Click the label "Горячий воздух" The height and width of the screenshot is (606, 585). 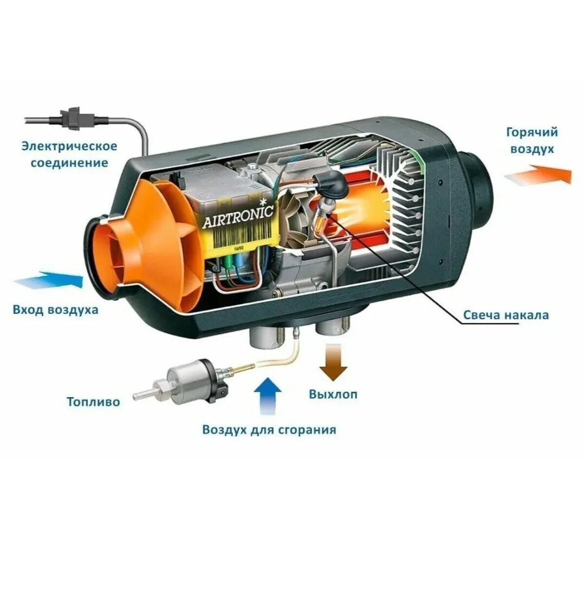531,140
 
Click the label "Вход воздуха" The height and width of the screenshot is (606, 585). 56,310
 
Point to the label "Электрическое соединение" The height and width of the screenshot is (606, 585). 69,154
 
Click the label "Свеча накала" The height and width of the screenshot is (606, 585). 505,315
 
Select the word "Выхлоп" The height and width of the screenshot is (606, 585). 333,394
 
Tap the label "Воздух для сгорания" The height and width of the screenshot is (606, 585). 269,430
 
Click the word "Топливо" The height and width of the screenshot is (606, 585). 94,402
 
